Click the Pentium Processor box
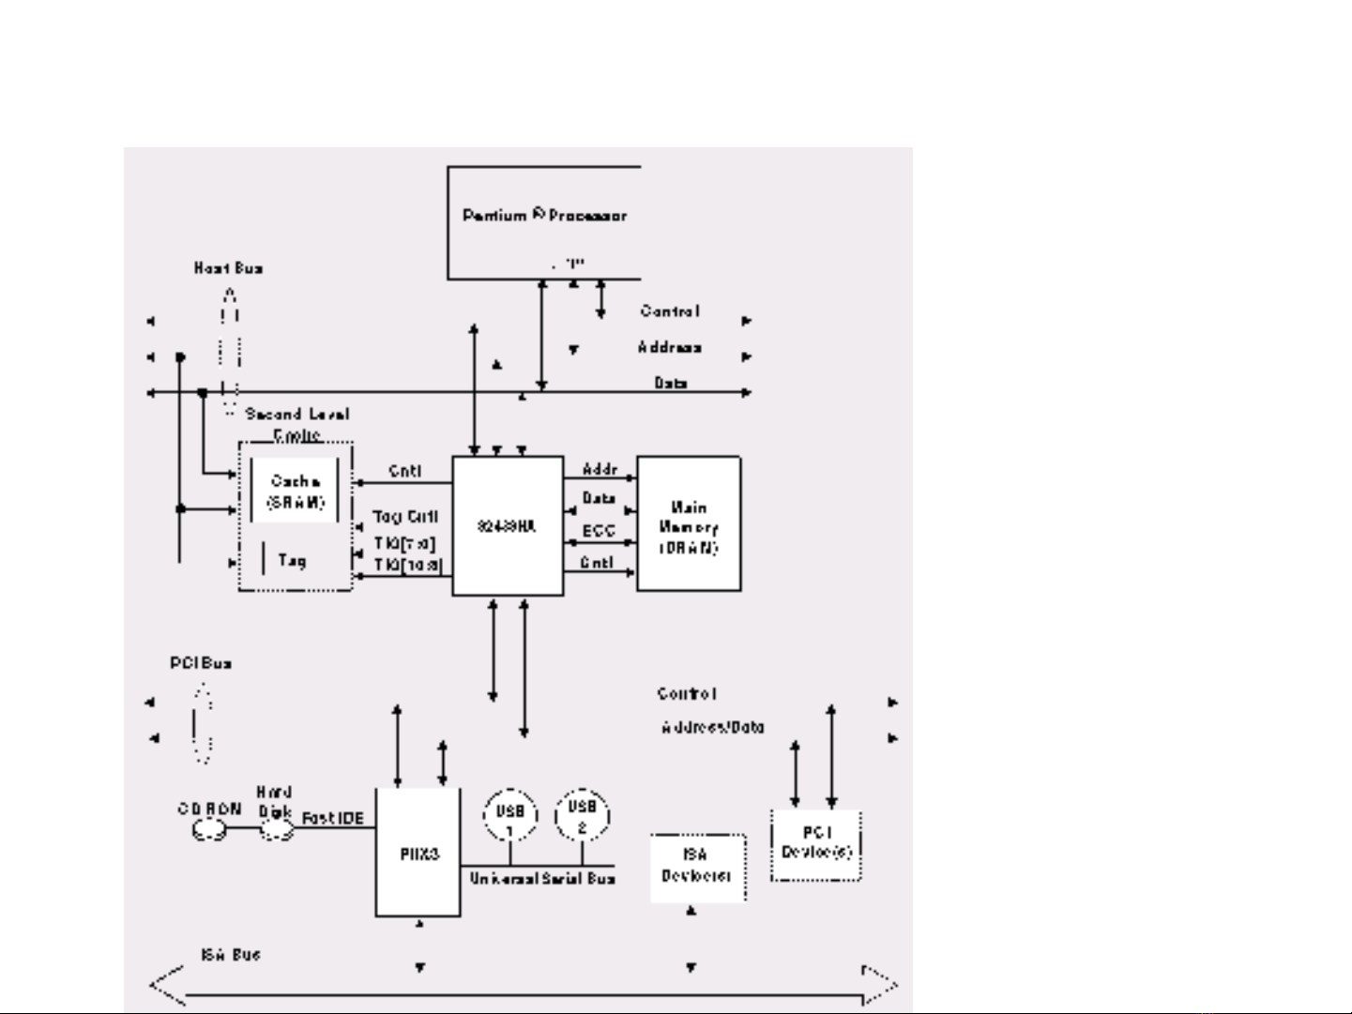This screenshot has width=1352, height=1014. pyautogui.click(x=544, y=221)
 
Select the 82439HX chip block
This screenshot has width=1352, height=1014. pyautogui.click(x=508, y=526)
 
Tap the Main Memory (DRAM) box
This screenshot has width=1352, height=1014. pyautogui.click(x=689, y=524)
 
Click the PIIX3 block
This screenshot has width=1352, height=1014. pyautogui.click(x=418, y=854)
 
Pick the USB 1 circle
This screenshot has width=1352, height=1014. pyautogui.click(x=509, y=816)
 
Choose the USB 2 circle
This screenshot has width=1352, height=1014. pyautogui.click(x=582, y=814)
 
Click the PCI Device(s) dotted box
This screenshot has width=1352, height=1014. pyautogui.click(x=816, y=844)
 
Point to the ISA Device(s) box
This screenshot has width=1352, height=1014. pyautogui.click(x=698, y=866)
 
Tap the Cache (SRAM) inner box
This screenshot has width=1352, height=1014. pyautogui.click(x=295, y=492)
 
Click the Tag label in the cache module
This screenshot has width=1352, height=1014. pyautogui.click(x=292, y=560)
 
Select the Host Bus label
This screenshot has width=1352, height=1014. pyautogui.click(x=228, y=268)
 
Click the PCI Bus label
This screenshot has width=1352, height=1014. pyautogui.click(x=200, y=663)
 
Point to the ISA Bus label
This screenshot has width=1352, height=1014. pyautogui.click(x=230, y=955)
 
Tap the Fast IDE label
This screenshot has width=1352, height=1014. pyautogui.click(x=332, y=819)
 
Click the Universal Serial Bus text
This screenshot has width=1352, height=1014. pyautogui.click(x=542, y=879)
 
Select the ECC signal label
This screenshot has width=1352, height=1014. pyautogui.click(x=599, y=531)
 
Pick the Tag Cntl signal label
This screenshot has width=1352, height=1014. pyautogui.click(x=405, y=517)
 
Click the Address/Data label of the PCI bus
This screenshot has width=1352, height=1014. pyautogui.click(x=713, y=727)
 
